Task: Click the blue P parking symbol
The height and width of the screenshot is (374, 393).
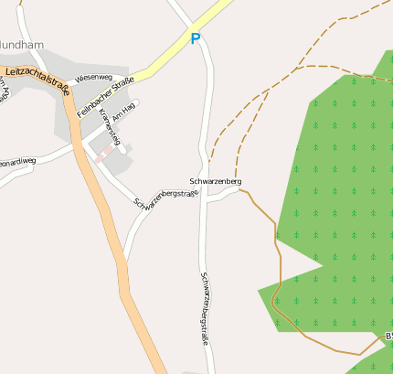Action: [x=195, y=39]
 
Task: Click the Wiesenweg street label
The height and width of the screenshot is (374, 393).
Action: [x=94, y=78]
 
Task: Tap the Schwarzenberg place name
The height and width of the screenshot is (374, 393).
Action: [x=216, y=182]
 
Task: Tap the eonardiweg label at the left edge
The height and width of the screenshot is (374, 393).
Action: [x=17, y=161]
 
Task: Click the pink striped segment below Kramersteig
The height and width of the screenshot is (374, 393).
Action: [x=103, y=152]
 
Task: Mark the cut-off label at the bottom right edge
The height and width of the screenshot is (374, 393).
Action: [x=388, y=337]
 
